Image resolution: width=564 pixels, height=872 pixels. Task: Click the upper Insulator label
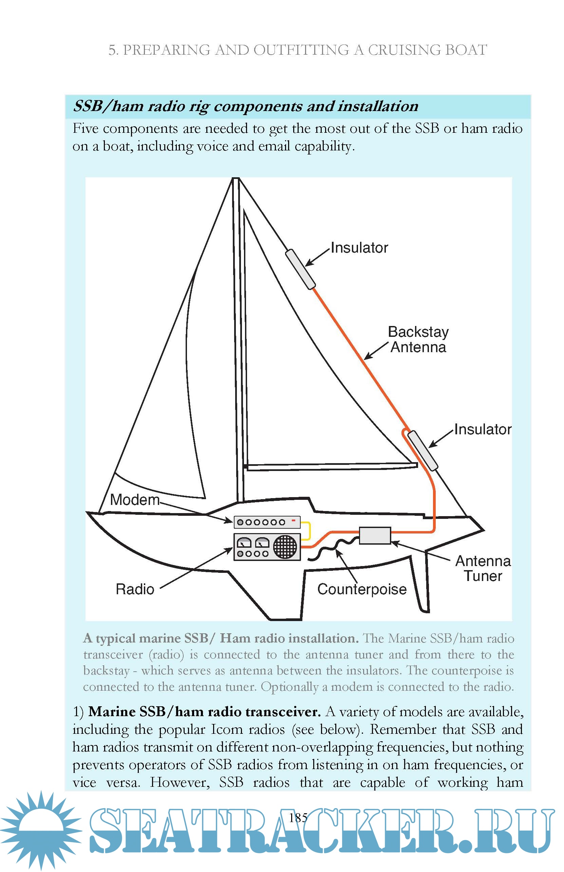pyautogui.click(x=359, y=248)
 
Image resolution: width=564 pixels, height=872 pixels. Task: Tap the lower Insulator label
pyautogui.click(x=482, y=430)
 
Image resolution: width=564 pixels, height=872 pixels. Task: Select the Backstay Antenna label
pyautogui.click(x=418, y=340)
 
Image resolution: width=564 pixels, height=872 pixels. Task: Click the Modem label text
pyautogui.click(x=134, y=500)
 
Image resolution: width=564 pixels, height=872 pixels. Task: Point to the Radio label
pyautogui.click(x=135, y=589)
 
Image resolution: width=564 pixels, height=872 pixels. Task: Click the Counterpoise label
pyautogui.click(x=362, y=589)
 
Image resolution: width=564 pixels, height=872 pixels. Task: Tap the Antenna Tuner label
pyautogui.click(x=483, y=569)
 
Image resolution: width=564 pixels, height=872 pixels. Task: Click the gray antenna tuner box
pyautogui.click(x=375, y=535)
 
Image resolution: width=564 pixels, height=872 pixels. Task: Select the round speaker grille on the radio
pyautogui.click(x=285, y=547)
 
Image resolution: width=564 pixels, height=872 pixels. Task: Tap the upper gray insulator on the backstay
pyautogui.click(x=300, y=269)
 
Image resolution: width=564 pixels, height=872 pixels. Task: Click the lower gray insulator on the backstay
pyautogui.click(x=422, y=450)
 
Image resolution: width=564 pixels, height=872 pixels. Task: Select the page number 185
pyautogui.click(x=298, y=818)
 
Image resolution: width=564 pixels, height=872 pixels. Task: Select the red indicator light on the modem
pyautogui.click(x=293, y=520)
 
